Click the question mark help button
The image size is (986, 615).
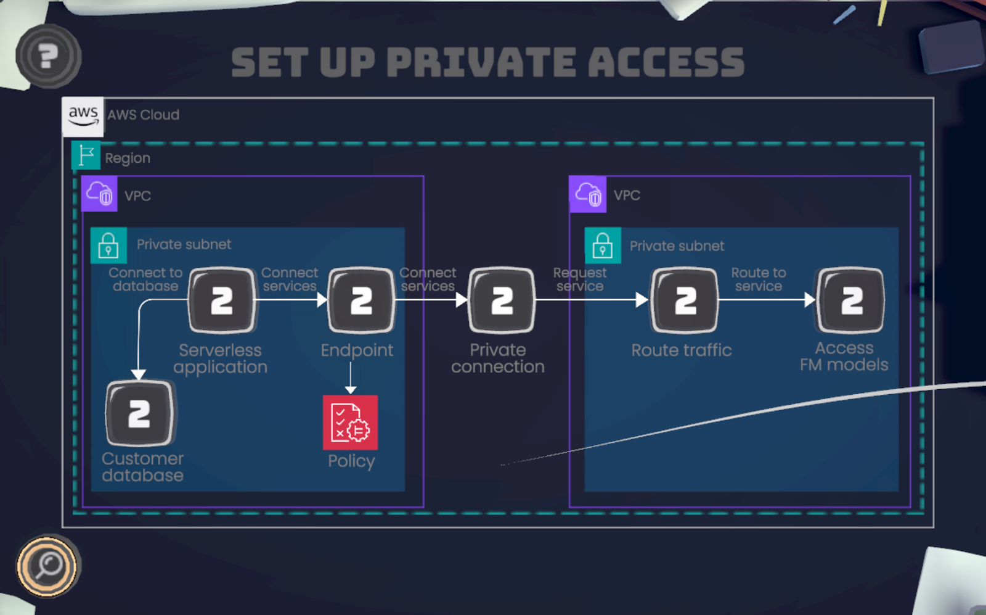pos(48,56)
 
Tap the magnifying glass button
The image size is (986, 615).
pos(47,566)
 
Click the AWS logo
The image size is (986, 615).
pos(83,115)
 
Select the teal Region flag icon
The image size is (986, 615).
pos(86,155)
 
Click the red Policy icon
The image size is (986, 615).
pos(350,423)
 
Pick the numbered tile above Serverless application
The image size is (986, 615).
pos(222,300)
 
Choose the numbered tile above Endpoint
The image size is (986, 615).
pos(361,300)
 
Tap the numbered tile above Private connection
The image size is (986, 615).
pos(502,300)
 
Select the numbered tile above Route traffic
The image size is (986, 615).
pos(685,300)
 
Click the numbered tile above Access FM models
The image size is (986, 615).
pos(850,300)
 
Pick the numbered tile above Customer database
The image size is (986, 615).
pos(139,413)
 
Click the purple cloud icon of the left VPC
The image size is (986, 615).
pos(99,194)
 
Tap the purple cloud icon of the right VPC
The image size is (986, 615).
pos(588,194)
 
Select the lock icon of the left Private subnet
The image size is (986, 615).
pos(108,245)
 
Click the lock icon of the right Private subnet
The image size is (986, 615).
pos(603,246)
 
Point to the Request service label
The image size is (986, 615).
pos(580,279)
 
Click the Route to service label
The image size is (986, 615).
pos(759,279)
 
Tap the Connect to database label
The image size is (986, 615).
pos(145,279)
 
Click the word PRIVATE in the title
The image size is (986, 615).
pos(481,62)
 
